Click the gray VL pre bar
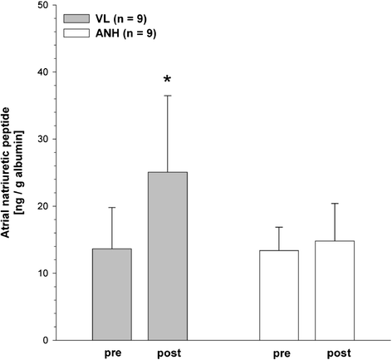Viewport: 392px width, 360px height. click(x=110, y=294)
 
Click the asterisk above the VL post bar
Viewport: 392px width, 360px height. click(x=168, y=80)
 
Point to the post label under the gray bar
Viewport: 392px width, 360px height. click(x=168, y=353)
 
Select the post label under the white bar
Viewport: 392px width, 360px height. click(x=336, y=353)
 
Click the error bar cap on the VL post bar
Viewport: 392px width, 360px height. click(x=168, y=96)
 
